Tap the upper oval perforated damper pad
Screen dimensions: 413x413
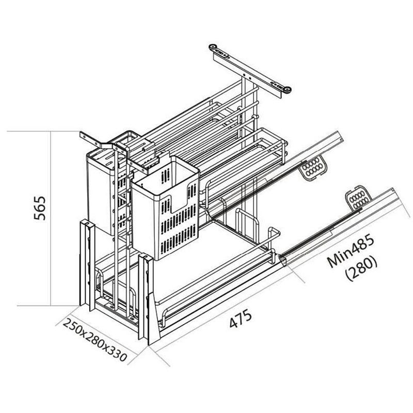coord(314,169)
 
